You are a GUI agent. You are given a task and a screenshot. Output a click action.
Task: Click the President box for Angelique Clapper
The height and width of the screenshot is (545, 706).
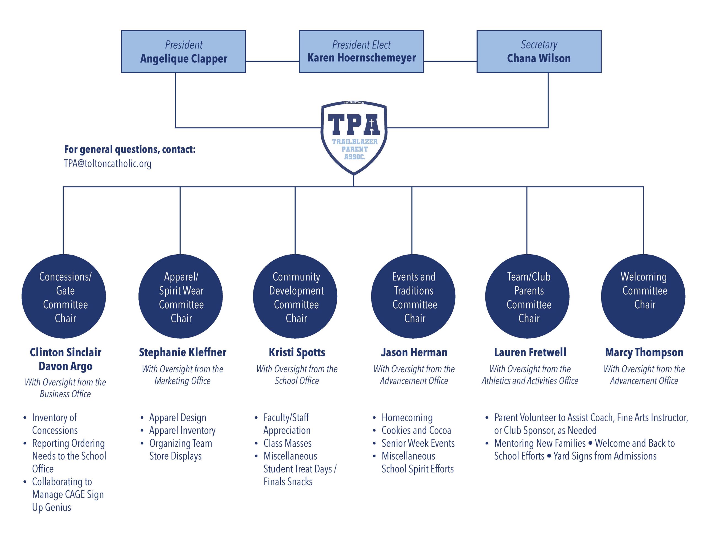pos(183,52)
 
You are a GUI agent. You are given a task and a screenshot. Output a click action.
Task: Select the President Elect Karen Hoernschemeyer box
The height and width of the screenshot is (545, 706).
pos(361,52)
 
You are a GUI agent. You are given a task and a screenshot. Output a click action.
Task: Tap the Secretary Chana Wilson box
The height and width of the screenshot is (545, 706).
pos(539,52)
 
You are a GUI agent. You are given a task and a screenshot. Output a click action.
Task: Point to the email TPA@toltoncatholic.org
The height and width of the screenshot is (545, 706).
pos(108,163)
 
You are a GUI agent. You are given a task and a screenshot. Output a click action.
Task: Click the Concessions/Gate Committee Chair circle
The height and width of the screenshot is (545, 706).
pos(64,296)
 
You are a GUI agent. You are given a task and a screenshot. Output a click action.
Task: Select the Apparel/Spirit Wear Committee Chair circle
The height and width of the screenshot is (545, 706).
pos(180,296)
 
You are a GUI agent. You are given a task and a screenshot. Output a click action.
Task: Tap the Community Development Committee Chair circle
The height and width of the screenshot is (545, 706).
pos(295,296)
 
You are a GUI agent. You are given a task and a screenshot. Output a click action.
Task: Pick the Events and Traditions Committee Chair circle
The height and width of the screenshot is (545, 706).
pos(413,296)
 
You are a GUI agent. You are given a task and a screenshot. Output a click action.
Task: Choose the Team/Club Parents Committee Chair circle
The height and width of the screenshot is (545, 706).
pos(527,296)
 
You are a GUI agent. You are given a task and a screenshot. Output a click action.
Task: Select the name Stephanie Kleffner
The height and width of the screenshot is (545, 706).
pos(183,352)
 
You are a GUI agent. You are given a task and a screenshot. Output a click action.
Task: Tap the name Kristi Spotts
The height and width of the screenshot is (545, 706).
pos(297,352)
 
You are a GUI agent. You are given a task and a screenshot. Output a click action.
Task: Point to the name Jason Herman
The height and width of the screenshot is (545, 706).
pos(414,352)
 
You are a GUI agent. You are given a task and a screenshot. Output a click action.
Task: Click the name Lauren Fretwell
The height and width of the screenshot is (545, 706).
pos(530,352)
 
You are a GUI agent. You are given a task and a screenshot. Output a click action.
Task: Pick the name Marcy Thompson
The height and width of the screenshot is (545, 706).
pos(644,352)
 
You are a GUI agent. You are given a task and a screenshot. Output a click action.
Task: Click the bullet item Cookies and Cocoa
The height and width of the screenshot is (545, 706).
pos(416,430)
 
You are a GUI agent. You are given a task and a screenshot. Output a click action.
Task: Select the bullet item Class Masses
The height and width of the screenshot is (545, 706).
pos(287,443)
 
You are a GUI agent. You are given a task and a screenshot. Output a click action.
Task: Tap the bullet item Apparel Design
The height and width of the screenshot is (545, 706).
pos(178,417)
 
